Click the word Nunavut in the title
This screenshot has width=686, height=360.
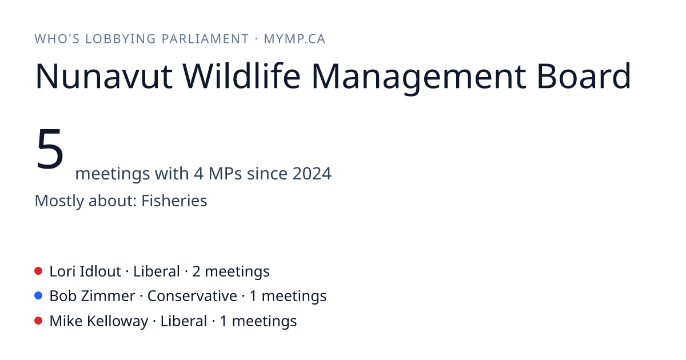coord(104,76)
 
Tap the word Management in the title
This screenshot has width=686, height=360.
coord(418,78)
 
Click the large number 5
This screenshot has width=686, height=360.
coord(50,149)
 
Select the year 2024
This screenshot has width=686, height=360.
coord(312,174)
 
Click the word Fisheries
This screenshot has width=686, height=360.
coord(174,201)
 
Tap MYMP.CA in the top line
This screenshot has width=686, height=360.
coord(294,39)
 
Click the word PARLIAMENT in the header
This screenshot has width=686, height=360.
coord(205,39)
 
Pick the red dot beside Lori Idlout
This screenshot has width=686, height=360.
coord(38,271)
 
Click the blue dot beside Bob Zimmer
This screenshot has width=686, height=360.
coord(38,296)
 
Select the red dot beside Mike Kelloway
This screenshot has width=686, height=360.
coord(38,321)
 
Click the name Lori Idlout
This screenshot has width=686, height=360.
coord(85,271)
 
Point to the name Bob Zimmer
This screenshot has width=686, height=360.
coord(92,296)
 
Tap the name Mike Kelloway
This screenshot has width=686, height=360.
coord(99,321)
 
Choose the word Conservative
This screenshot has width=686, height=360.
coord(192,296)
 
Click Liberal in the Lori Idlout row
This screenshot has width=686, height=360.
coord(157,271)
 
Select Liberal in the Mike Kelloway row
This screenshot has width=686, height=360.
coord(184,321)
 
